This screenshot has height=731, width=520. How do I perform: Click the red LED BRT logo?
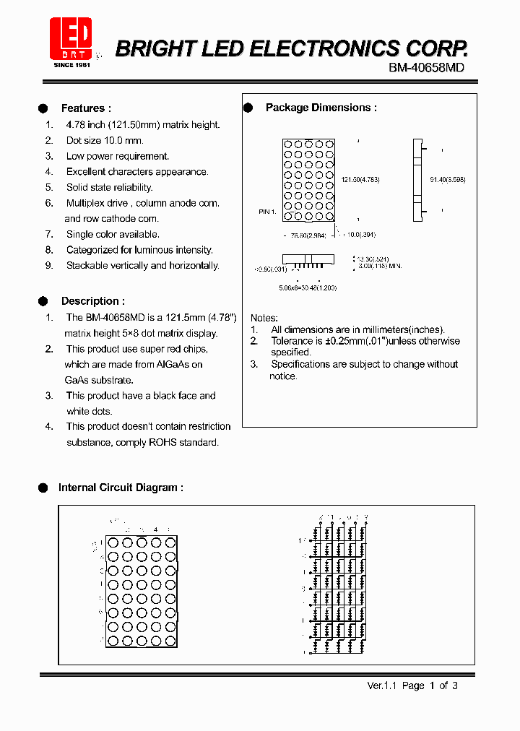click(x=71, y=38)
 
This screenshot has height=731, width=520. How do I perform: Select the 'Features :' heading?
click(x=86, y=108)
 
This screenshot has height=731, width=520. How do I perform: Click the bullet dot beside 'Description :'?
click(x=43, y=301)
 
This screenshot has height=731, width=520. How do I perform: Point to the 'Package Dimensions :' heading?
click(x=321, y=108)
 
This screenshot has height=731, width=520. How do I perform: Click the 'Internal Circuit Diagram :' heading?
click(x=120, y=488)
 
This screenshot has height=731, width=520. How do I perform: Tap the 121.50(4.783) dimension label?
click(x=360, y=179)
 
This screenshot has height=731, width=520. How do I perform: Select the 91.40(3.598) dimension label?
click(x=447, y=179)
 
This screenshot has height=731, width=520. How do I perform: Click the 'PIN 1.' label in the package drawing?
click(x=267, y=212)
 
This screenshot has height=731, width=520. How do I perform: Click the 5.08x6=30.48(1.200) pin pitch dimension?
click(x=308, y=287)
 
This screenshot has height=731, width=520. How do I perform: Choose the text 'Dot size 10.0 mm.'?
click(x=105, y=141)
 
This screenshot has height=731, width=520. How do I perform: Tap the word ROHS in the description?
click(x=162, y=442)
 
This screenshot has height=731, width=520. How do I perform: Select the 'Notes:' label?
click(x=264, y=318)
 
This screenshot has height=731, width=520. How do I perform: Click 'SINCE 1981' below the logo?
click(x=71, y=65)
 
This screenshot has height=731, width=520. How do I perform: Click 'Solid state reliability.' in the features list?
click(x=109, y=188)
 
